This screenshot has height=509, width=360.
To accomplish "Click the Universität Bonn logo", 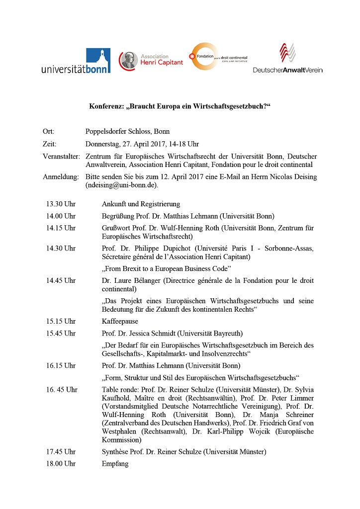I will [x=76, y=61].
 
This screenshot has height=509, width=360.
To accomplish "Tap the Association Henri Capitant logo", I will [x=151, y=60].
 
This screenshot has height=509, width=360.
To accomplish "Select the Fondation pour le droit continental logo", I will [x=218, y=56].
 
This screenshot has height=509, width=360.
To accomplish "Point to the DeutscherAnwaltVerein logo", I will [x=287, y=58].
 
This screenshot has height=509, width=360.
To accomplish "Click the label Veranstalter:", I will [x=61, y=157].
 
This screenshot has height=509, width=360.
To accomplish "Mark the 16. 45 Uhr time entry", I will [x=62, y=390].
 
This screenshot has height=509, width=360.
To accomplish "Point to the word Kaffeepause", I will [x=120, y=321].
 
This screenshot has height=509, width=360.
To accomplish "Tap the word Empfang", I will [x=115, y=464].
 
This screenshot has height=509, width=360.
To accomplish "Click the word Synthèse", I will [x=116, y=452].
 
